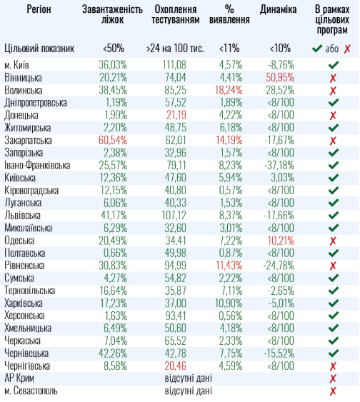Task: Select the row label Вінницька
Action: [23, 76]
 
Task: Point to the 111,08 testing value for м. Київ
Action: [174, 64]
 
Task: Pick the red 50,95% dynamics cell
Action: [279, 76]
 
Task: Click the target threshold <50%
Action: [113, 49]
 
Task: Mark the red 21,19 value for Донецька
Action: [176, 114]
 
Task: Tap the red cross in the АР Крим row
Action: [333, 378]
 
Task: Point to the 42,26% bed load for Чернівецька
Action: [113, 353]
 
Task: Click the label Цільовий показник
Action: [39, 49]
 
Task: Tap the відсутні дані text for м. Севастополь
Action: [188, 391]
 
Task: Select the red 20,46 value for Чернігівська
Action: [176, 366]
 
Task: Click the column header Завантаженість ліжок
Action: [112, 14]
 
